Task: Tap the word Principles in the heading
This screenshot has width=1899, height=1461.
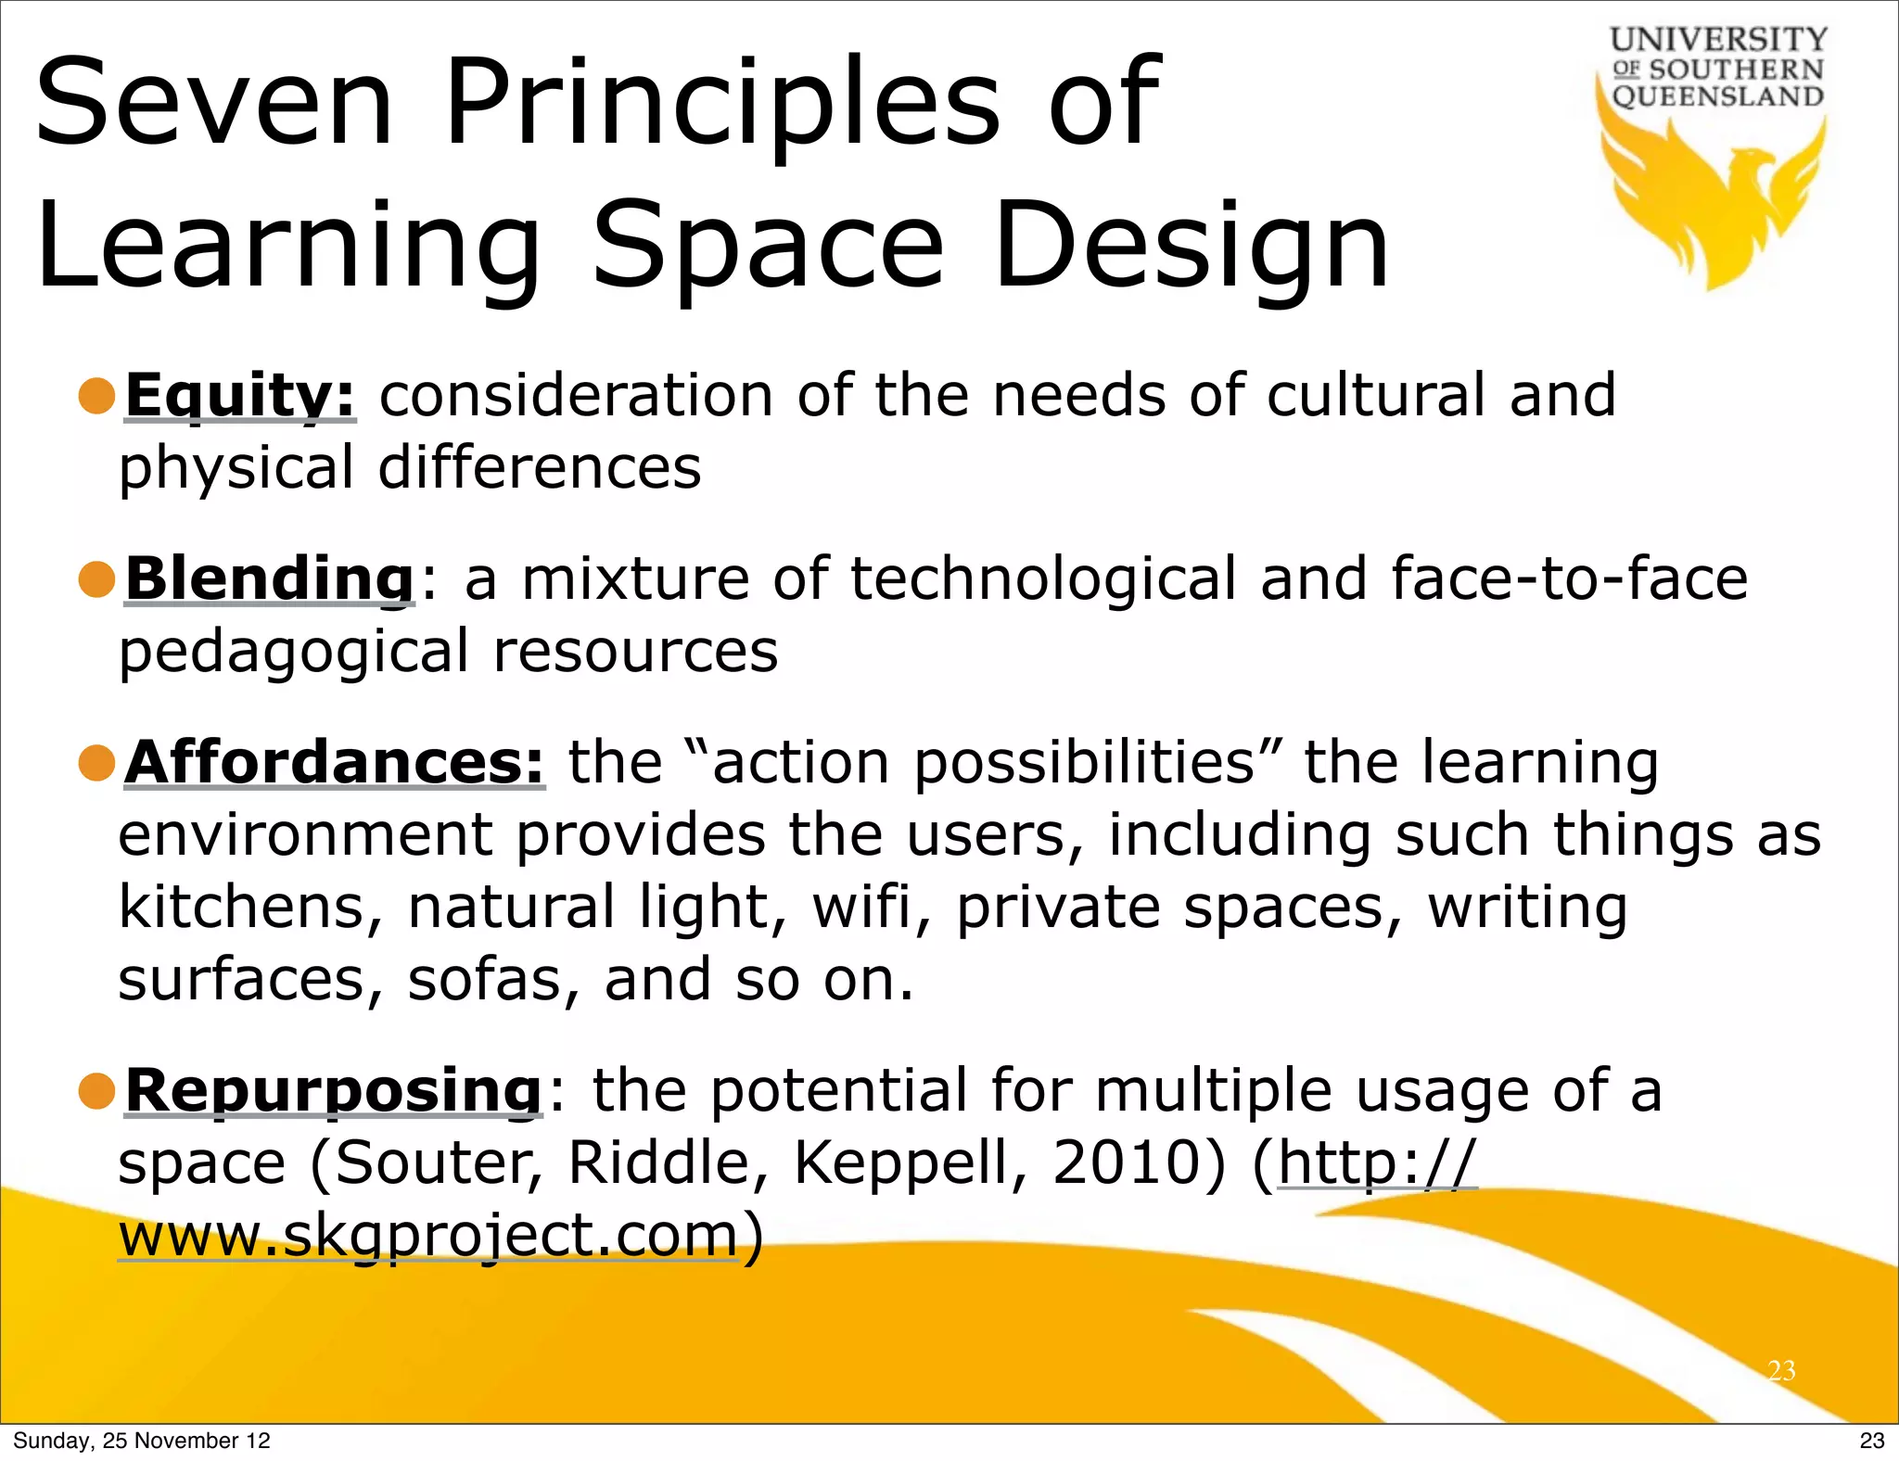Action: (721, 104)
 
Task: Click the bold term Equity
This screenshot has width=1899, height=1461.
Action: (240, 396)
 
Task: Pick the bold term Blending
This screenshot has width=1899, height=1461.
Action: (270, 578)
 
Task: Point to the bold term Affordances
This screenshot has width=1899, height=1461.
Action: (335, 762)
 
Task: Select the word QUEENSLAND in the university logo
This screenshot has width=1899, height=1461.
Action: (1718, 96)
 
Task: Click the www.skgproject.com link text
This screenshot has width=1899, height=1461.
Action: (428, 1235)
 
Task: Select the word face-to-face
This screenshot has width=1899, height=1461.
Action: (1569, 578)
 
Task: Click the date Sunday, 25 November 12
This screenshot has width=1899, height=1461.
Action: (141, 1441)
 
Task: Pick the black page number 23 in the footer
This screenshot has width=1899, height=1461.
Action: (1871, 1441)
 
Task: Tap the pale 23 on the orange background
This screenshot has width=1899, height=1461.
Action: (1781, 1370)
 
